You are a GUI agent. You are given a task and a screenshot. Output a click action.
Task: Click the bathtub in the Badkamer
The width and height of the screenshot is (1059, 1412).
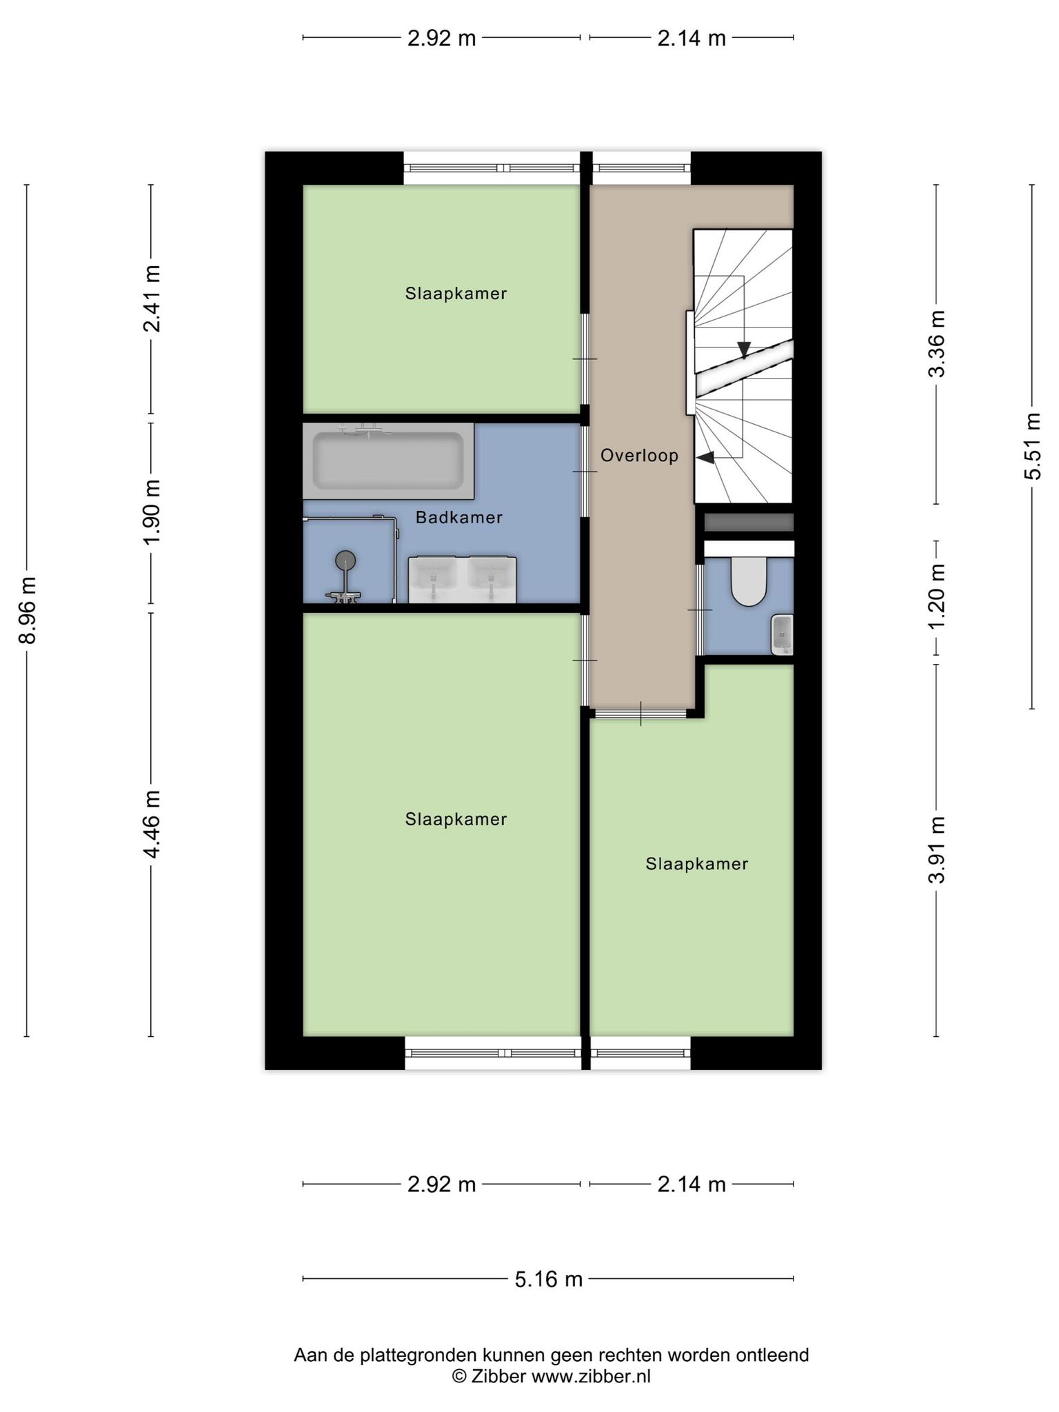388,461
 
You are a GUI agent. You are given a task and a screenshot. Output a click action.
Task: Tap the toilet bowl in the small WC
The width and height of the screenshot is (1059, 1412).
749,581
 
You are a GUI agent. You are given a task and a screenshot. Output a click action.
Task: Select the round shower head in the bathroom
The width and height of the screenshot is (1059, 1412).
345,561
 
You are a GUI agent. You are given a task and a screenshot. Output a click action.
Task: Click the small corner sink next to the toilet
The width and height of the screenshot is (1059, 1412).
783,634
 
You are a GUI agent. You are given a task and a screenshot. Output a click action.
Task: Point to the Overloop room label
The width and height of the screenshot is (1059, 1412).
639,456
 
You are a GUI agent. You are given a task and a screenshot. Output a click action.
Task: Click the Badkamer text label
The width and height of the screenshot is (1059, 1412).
458,518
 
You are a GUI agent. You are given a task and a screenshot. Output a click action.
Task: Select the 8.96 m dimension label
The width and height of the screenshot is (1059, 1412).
27,609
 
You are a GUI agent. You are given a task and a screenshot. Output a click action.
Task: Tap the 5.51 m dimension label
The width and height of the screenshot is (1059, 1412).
1032,446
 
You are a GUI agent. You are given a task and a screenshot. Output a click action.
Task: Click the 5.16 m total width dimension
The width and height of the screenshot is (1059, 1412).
549,1279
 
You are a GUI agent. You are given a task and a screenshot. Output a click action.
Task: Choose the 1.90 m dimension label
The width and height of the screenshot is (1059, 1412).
151,512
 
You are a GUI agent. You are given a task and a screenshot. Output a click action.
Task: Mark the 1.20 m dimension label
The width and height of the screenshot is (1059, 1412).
936,597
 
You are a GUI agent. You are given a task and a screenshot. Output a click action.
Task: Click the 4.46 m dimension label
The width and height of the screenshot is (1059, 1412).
151,825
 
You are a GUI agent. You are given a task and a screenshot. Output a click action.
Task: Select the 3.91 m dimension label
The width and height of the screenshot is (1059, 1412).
936,849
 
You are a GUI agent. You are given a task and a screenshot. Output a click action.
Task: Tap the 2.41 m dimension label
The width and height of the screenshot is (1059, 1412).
151,298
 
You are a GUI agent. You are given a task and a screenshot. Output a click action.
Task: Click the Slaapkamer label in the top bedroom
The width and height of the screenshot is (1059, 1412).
456,294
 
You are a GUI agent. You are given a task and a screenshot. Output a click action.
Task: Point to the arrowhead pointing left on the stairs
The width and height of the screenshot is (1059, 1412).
704,456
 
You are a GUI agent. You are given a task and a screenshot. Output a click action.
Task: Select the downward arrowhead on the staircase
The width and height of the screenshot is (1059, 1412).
744,350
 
